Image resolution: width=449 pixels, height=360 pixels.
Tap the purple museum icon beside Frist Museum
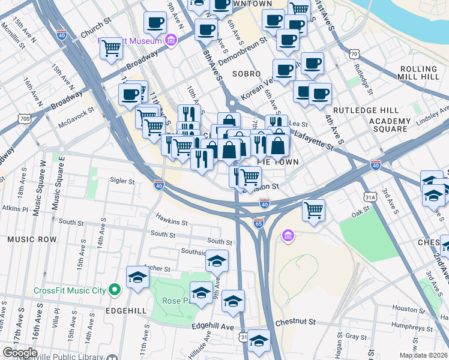coord(171,40)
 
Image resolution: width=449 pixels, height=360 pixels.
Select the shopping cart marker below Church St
coord(111,48)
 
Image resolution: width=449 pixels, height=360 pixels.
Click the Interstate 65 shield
coord(259,223)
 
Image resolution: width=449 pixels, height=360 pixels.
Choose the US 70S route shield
coord(24,119)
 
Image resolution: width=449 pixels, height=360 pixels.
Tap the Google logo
coord(19,352)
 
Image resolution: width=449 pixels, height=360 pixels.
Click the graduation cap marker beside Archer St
coord(137,278)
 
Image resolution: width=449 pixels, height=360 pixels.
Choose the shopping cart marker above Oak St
coord(313,211)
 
